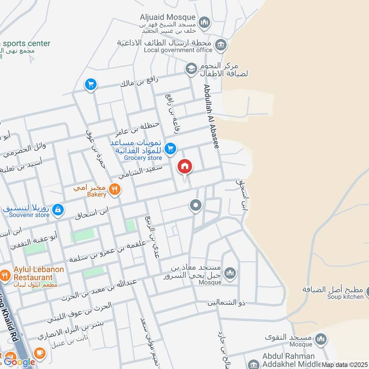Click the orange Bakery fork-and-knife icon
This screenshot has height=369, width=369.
point(115,189)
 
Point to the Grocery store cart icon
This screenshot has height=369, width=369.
point(171,148)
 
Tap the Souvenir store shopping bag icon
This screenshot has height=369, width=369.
point(57,210)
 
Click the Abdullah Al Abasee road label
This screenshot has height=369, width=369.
point(210,116)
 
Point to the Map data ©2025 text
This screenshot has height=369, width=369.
point(345,365)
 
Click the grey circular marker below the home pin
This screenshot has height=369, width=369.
point(196,205)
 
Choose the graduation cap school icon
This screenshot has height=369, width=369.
point(190,69)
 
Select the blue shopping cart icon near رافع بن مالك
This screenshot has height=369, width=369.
point(90,84)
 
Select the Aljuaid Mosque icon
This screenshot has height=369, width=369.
point(205,22)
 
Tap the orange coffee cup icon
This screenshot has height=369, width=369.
point(40,353)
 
